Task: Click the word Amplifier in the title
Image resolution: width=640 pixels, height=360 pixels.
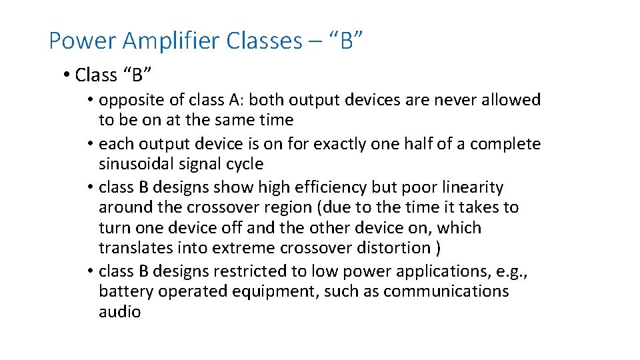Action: click(173, 41)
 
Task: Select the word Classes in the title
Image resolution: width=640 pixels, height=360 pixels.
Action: click(264, 41)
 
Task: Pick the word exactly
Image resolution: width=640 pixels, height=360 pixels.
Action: click(333, 144)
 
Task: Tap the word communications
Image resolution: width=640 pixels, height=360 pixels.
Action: click(446, 291)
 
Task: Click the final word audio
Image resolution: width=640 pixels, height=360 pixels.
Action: click(119, 311)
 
